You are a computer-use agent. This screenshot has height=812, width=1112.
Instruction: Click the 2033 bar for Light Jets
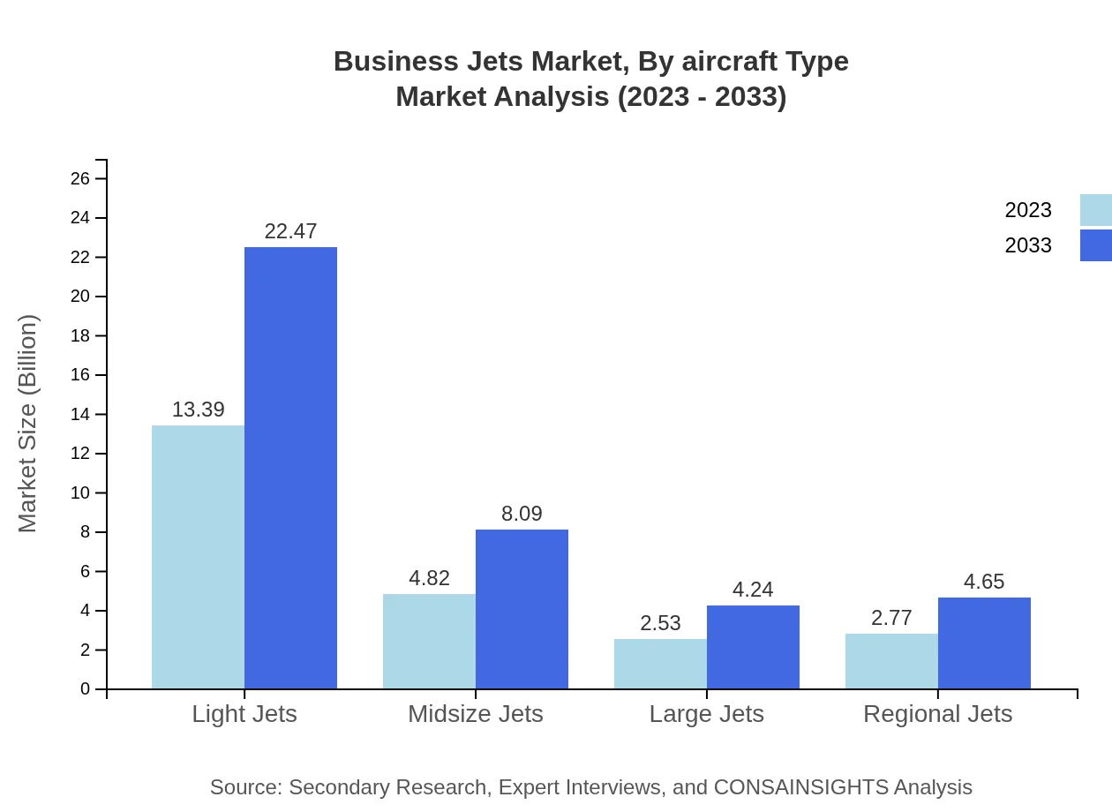(x=290, y=468)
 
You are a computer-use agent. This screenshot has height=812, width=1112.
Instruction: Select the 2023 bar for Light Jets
(x=198, y=557)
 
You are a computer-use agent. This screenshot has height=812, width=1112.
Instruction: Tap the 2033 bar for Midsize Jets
(x=522, y=609)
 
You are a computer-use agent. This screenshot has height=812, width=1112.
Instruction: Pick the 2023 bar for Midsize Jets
(x=429, y=641)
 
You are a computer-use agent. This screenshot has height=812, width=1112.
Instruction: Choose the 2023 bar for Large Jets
(x=660, y=664)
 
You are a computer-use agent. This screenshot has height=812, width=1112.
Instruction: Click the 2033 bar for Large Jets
(x=753, y=647)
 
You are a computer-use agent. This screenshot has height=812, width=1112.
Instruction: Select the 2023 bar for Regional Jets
(x=891, y=661)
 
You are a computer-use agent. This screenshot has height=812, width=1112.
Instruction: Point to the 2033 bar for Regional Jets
(x=984, y=643)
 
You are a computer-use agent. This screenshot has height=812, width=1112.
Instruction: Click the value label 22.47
(x=290, y=231)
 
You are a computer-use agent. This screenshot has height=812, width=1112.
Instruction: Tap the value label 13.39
(x=198, y=410)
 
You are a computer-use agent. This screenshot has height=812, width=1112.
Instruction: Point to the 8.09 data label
(x=522, y=514)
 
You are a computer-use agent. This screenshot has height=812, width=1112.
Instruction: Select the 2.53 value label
(x=660, y=623)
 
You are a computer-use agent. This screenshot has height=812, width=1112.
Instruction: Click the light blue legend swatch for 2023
(x=1095, y=210)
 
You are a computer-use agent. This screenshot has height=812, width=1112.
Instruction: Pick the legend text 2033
(x=1028, y=245)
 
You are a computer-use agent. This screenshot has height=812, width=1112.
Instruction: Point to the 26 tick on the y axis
(x=80, y=179)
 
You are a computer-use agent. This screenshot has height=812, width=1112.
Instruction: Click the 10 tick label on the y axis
(x=80, y=493)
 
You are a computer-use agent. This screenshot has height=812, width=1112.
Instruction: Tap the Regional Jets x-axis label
(x=937, y=714)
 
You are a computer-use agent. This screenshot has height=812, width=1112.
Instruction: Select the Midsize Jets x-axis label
(x=475, y=714)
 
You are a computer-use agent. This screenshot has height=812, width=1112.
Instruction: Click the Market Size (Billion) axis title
(x=28, y=424)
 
